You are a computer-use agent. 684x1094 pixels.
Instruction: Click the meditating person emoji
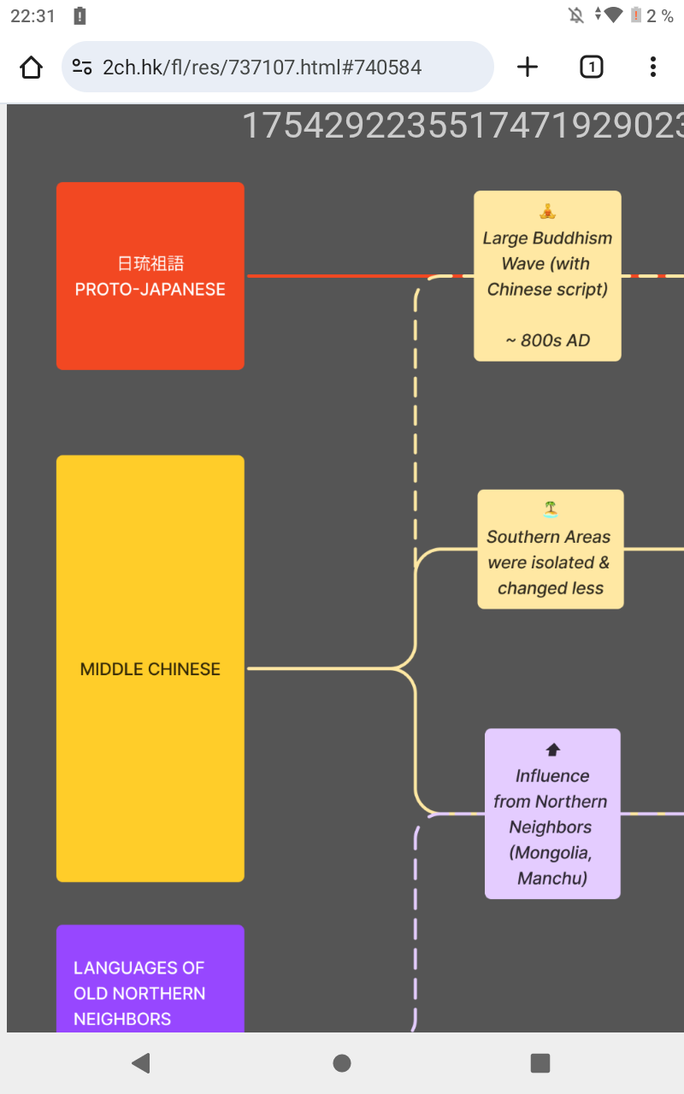547,211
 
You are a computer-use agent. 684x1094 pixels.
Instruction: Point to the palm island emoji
551,510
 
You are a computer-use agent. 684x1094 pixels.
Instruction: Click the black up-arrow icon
552,750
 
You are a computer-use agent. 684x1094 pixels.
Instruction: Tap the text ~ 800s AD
547,340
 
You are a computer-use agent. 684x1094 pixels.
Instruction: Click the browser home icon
31,67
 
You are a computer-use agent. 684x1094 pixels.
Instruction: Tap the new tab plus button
528,67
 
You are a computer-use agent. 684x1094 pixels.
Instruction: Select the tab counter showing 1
591,67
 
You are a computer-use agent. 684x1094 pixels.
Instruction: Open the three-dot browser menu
652,67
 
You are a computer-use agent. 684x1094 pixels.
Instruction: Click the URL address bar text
262,67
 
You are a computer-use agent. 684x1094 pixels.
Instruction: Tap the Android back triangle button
141,1062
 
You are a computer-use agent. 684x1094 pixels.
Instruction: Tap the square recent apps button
540,1062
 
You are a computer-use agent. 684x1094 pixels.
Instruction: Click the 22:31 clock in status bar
32,15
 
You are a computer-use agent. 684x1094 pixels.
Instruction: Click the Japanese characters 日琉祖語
150,263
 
